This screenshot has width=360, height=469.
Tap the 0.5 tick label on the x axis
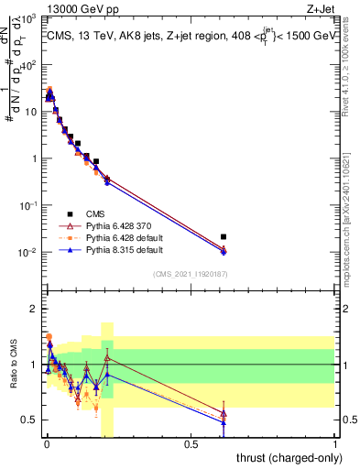[191, 444]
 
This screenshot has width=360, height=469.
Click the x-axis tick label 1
[336, 444]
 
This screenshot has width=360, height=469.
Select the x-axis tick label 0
[46, 444]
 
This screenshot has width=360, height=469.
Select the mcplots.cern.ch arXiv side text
[352, 183]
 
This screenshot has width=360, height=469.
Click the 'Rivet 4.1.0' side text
[352, 55]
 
